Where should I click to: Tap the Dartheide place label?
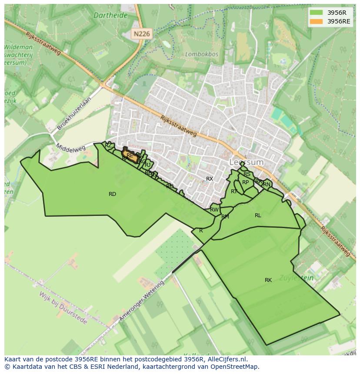coord(110,15)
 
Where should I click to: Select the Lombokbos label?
coord(201,54)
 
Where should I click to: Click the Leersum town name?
coord(247,162)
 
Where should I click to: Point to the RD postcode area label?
coord(112,194)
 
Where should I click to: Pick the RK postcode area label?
coord(268,280)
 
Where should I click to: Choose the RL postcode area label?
coord(258,215)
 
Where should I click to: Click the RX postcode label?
coord(210,179)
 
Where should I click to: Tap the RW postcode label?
coord(214,210)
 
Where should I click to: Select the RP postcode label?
coord(246,182)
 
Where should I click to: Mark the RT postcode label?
coord(234,192)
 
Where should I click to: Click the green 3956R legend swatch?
coord(317,13)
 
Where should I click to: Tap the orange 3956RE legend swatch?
coord(317,21)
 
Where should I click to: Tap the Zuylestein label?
coord(296,278)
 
